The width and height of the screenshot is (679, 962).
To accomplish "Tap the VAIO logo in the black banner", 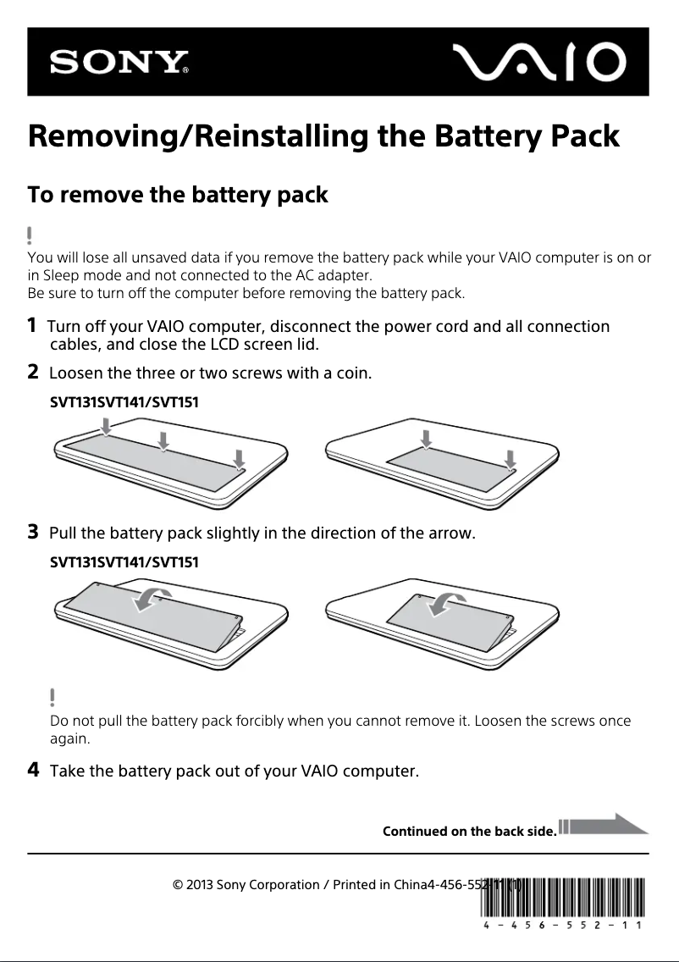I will click(538, 62).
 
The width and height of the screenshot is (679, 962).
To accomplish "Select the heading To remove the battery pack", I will click(178, 195).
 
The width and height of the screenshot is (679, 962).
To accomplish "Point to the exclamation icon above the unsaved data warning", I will click(30, 235).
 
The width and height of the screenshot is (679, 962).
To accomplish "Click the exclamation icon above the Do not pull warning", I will click(52, 697).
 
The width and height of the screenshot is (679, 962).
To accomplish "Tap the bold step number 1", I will click(32, 325).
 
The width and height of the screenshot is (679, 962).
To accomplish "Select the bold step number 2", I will click(32, 371).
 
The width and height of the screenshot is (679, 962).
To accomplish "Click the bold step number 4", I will click(33, 770).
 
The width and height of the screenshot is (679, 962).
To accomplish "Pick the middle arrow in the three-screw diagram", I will click(163, 438).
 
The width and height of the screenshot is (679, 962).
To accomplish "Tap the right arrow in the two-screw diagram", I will click(510, 458).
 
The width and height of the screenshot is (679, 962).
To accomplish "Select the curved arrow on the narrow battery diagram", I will click(444, 603).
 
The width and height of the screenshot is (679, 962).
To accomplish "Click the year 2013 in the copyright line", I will click(200, 886).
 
